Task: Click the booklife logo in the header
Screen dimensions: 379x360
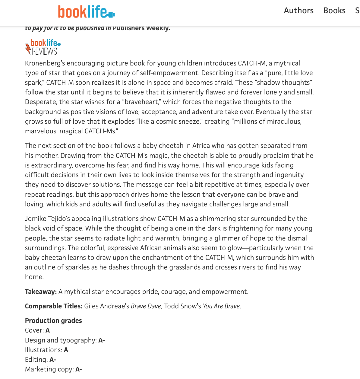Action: pos(86,12)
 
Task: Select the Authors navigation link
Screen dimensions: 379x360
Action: pos(298,11)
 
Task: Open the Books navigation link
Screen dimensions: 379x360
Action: pos(334,11)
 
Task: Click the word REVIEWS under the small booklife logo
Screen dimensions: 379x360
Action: pos(45,52)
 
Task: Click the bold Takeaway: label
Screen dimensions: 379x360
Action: pos(41,292)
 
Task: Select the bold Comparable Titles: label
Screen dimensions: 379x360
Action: pos(54,306)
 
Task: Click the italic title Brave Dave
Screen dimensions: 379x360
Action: pos(146,306)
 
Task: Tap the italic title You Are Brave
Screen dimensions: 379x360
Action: pos(221,306)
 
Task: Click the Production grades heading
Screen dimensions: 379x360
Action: pos(53,321)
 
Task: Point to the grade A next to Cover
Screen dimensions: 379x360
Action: pos(48,330)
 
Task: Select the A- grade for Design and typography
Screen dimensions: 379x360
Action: pos(102,340)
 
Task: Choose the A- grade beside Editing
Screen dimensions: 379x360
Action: pos(53,360)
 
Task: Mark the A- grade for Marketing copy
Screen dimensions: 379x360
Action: pos(79,369)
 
